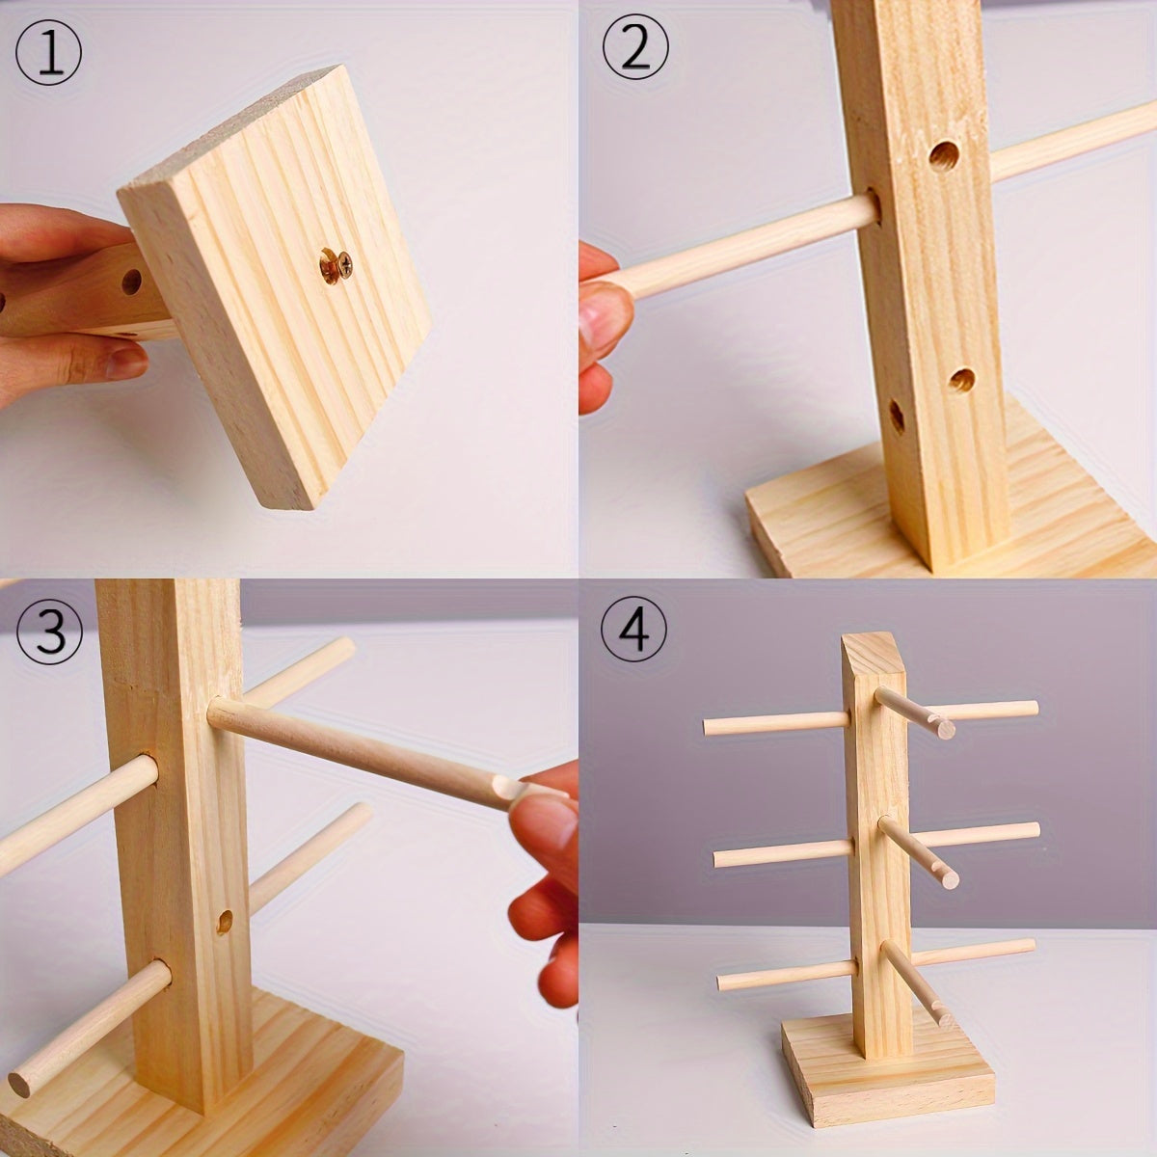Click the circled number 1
(x=48, y=49)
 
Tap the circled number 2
(x=634, y=49)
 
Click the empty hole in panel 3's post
(x=225, y=921)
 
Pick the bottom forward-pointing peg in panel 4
(x=916, y=979)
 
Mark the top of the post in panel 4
(x=874, y=645)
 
